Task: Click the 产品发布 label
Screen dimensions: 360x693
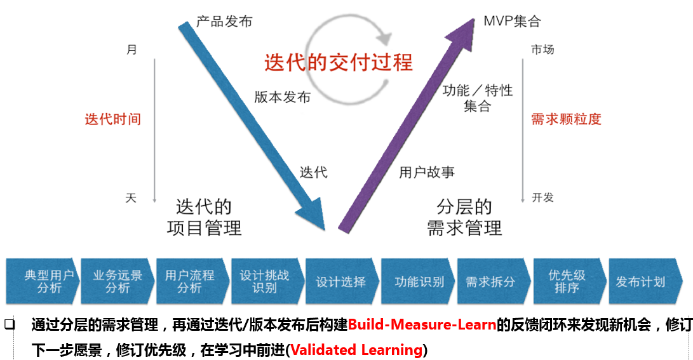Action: click(x=224, y=22)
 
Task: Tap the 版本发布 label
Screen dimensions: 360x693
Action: click(x=283, y=97)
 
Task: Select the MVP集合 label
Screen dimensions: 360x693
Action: click(x=512, y=22)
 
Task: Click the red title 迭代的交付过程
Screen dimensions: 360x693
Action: click(x=339, y=62)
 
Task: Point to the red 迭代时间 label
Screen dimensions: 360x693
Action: click(x=113, y=119)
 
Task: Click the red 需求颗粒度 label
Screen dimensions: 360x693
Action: click(x=566, y=119)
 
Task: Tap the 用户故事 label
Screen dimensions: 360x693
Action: click(x=427, y=172)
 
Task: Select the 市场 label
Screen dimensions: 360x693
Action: click(x=542, y=50)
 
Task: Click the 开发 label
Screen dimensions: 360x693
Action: click(x=542, y=197)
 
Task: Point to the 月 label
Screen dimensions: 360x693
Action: click(x=131, y=50)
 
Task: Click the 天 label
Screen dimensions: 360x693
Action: click(x=131, y=198)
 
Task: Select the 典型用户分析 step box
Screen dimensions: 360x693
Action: click(x=43, y=281)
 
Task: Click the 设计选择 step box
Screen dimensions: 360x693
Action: click(x=341, y=281)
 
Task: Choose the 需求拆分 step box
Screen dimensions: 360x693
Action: click(x=490, y=281)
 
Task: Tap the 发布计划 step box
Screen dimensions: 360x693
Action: click(x=640, y=281)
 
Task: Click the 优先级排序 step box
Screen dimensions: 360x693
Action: click(x=567, y=281)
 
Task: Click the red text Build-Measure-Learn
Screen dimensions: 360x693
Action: click(x=422, y=326)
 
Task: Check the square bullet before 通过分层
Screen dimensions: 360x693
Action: click(x=10, y=324)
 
